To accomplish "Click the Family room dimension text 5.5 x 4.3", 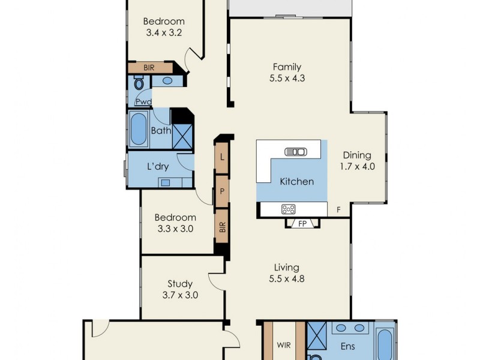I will pos(287,78).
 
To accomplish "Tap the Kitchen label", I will pos(297,181).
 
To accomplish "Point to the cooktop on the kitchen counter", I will pos(289,209).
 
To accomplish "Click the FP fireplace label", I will pos(302,224).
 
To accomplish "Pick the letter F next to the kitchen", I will pos(338,210).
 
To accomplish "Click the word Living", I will pos(287,268).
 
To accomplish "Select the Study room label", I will pos(180,284).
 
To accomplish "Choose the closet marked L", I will pos(222,158).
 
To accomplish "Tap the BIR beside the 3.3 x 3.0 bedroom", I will pos(222,226).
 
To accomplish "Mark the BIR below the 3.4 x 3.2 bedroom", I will pos(149,68).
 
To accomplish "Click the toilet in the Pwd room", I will pos(139,85).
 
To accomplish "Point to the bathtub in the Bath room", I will pos(139,130).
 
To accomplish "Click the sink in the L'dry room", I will pos(165,182).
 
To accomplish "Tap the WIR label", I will pos(284,346).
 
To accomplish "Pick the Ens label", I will pos(349,346).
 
